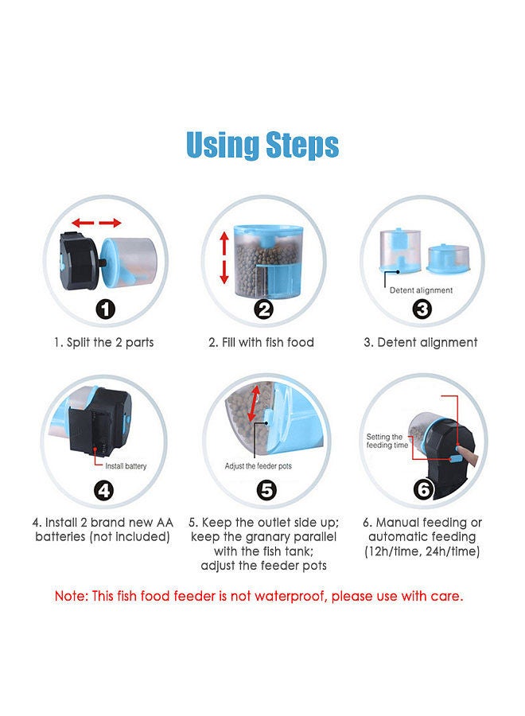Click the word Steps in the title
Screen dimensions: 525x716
click(x=301, y=146)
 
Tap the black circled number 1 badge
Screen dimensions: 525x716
click(x=105, y=309)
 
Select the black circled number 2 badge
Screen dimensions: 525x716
click(x=263, y=309)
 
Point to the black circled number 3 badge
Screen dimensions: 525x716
click(x=422, y=309)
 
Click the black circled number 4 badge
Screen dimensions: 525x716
click(x=104, y=490)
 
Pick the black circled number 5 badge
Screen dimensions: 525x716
click(x=266, y=490)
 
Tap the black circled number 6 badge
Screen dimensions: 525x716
click(x=423, y=489)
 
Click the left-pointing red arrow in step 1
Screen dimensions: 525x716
click(x=83, y=223)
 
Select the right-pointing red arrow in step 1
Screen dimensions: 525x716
click(x=110, y=223)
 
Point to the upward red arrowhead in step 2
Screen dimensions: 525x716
click(x=224, y=237)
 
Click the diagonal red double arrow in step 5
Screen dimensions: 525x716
click(x=254, y=403)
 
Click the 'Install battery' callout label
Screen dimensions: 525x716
click(x=126, y=466)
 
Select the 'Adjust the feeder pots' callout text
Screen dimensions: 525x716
click(x=258, y=466)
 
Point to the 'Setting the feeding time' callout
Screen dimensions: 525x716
click(x=387, y=441)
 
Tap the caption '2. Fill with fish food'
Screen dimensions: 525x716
click(x=261, y=342)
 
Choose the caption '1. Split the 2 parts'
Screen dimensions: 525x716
click(x=103, y=342)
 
